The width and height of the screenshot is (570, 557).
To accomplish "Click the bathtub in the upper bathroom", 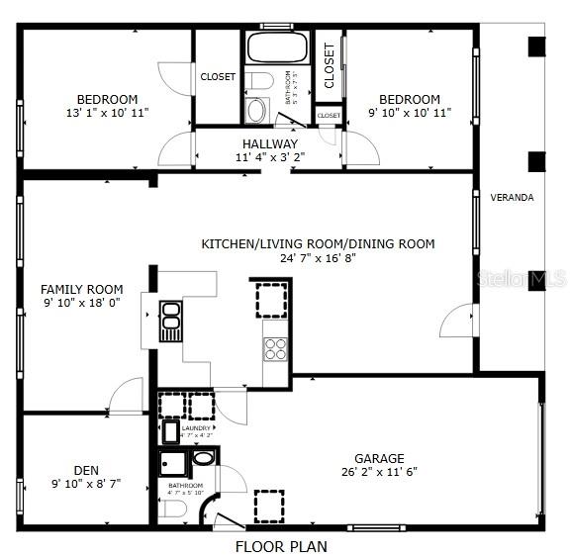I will click(277, 48).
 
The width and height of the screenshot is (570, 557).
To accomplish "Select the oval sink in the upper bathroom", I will click(256, 110).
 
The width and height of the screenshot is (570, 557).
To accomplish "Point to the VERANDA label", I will click(512, 198).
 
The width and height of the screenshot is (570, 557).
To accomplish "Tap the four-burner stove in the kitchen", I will click(274, 348).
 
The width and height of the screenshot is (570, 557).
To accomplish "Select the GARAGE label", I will click(379, 458).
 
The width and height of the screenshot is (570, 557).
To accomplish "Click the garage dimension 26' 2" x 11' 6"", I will click(379, 472).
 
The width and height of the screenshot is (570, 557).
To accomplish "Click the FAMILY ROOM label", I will click(81, 289).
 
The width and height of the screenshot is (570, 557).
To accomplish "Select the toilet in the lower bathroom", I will click(172, 510).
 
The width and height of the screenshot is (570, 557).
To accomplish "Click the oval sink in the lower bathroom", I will click(202, 458).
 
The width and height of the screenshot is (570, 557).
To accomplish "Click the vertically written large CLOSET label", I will click(329, 64).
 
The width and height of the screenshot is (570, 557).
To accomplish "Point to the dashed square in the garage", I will click(269, 505).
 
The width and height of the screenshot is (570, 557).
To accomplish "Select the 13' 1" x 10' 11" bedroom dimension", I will click(106, 114).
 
